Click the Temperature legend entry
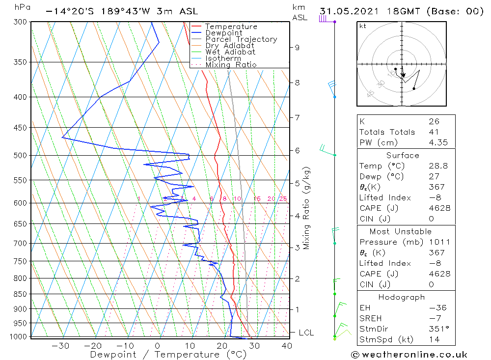[231, 27]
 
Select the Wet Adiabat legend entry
[230, 52]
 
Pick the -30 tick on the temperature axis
[60, 346]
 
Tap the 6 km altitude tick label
[297, 150]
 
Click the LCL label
[306, 333]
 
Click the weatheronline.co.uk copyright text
[409, 355]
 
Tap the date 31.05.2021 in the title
[346, 11]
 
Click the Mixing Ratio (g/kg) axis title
[307, 208]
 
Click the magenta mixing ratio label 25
[283, 199]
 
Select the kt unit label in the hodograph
[363, 26]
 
